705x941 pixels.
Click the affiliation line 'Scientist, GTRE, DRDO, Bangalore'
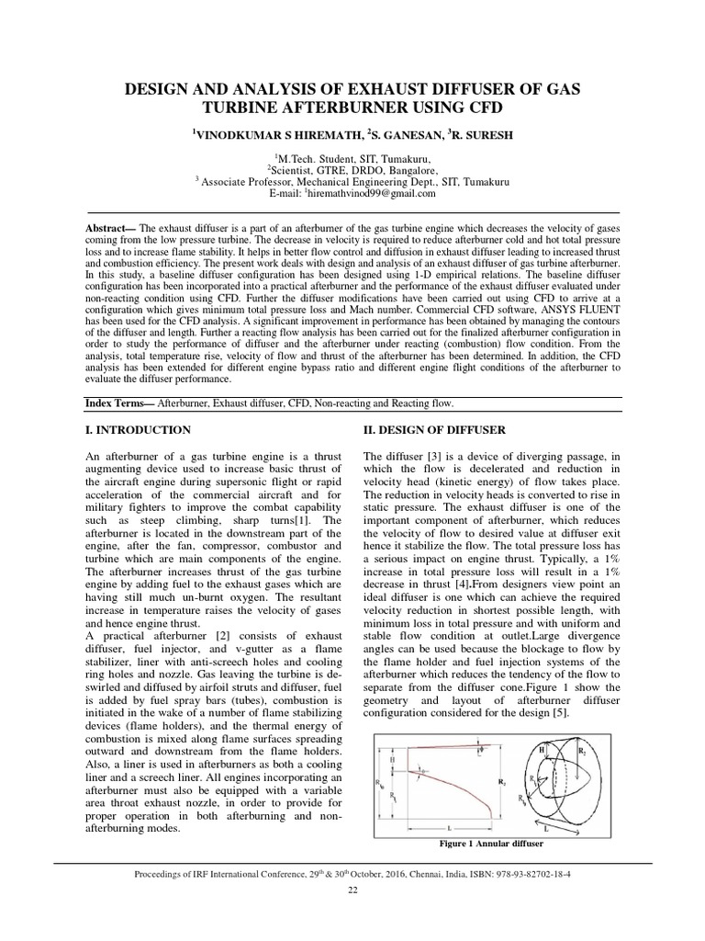click(x=352, y=170)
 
